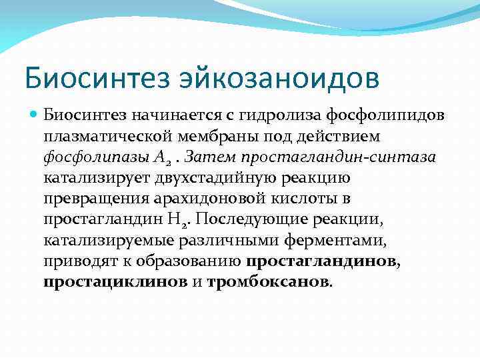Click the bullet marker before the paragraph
pyautogui.click(x=35, y=116)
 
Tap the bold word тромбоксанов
pyautogui.click(x=268, y=282)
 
